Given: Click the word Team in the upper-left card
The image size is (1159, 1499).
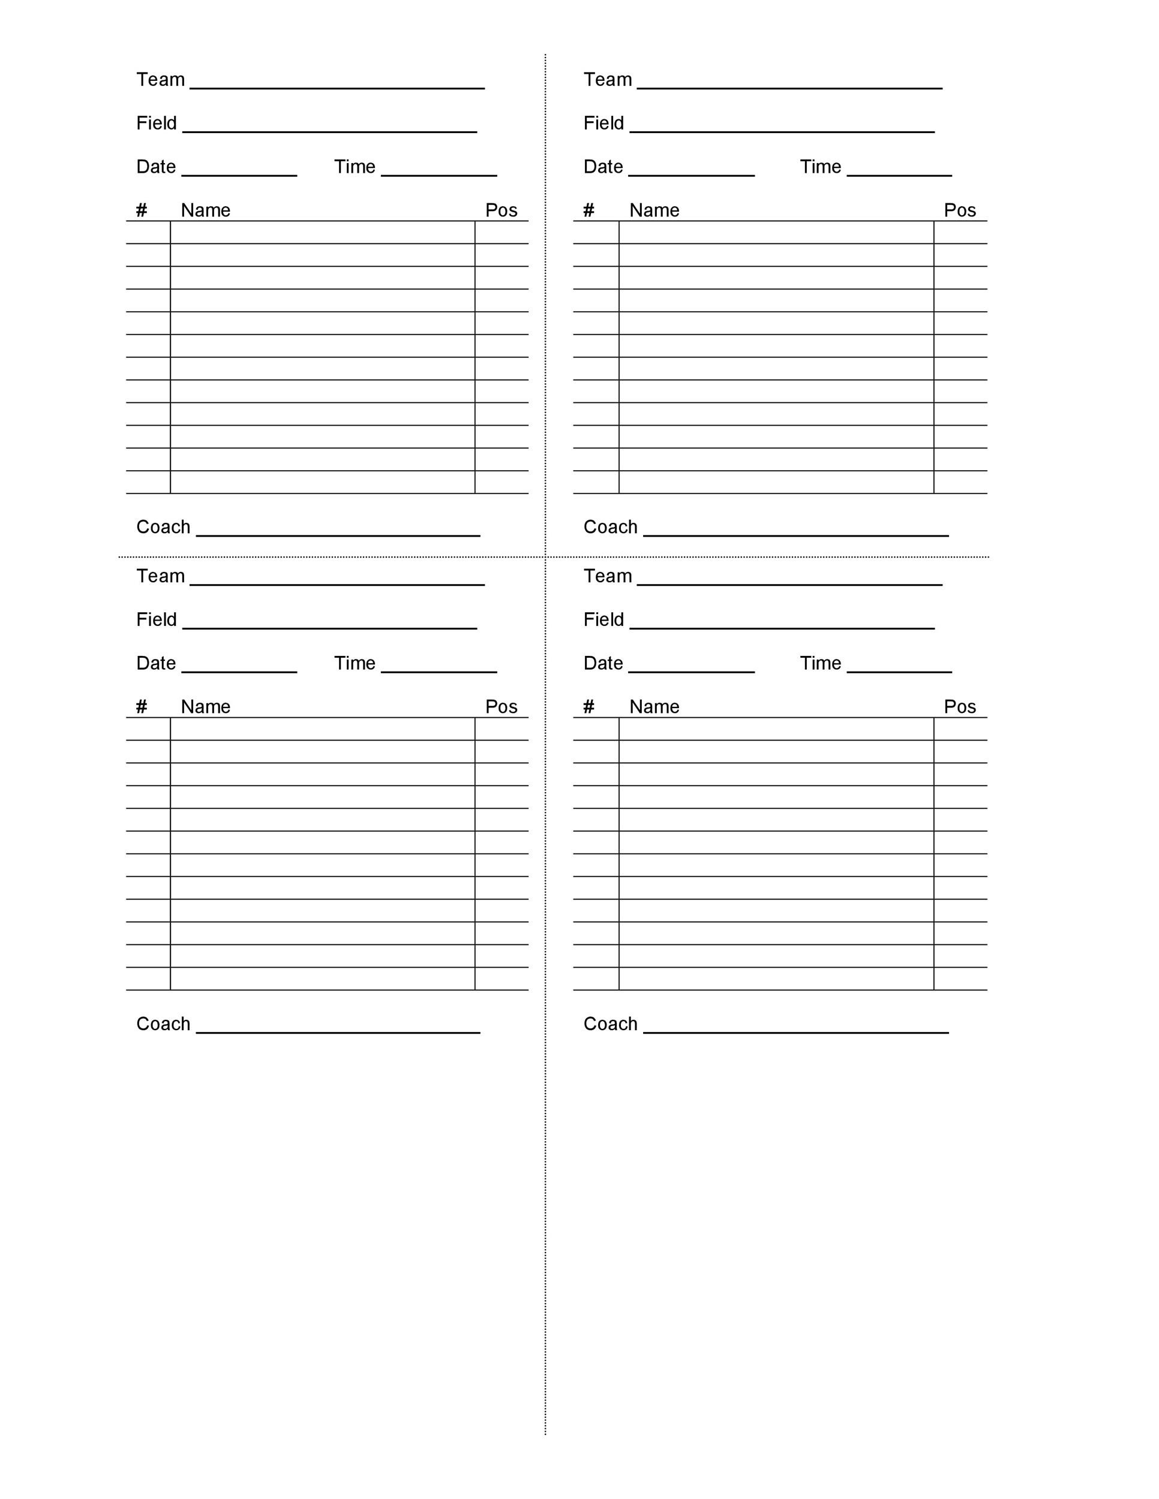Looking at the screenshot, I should [x=160, y=80].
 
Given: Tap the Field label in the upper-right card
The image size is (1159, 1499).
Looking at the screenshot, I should [x=603, y=124].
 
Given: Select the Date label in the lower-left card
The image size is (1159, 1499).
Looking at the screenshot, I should [x=156, y=664].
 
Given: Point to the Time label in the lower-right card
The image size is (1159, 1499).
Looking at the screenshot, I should [x=820, y=664].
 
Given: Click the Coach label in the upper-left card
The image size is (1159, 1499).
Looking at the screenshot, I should [x=163, y=527].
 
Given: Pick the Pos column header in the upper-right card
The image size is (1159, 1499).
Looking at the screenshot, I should [x=959, y=210].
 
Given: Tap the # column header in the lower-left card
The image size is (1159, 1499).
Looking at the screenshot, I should [x=142, y=707].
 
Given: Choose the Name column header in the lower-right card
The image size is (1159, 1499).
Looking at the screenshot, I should [x=654, y=707].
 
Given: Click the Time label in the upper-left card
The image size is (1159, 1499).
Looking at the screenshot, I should [x=355, y=167].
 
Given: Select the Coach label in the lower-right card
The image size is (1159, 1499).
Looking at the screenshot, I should [x=609, y=1024].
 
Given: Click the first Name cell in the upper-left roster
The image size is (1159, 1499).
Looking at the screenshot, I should [x=322, y=233].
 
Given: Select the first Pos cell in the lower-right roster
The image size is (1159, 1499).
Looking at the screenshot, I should [x=960, y=729].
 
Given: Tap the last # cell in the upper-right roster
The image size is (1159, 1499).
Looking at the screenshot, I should [x=595, y=483].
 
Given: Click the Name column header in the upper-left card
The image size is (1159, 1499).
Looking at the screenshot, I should [x=205, y=210].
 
